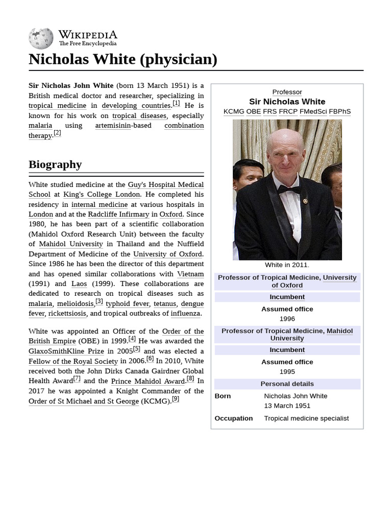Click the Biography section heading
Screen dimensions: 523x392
(x=55, y=164)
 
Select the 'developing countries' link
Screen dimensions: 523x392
(x=136, y=106)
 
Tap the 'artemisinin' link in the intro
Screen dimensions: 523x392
(x=113, y=126)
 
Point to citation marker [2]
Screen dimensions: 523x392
(x=57, y=133)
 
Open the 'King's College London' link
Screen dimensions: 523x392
(x=101, y=195)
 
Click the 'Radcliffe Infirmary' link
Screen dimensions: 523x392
(x=118, y=215)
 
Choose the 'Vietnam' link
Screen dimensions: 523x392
(x=190, y=274)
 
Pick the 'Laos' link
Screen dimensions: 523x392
(x=79, y=284)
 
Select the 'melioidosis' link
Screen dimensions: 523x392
(x=75, y=304)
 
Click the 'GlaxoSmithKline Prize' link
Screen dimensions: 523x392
(x=66, y=351)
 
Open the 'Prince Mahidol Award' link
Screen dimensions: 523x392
(x=148, y=382)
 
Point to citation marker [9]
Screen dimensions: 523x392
(x=175, y=399)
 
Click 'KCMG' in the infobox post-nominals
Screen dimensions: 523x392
(x=234, y=111)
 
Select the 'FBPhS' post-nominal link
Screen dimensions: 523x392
(x=339, y=111)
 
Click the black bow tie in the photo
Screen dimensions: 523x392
(x=289, y=189)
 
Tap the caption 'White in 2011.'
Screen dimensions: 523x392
(x=287, y=265)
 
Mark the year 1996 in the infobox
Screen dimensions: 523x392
(x=287, y=319)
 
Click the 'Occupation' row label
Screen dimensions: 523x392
(x=234, y=418)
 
